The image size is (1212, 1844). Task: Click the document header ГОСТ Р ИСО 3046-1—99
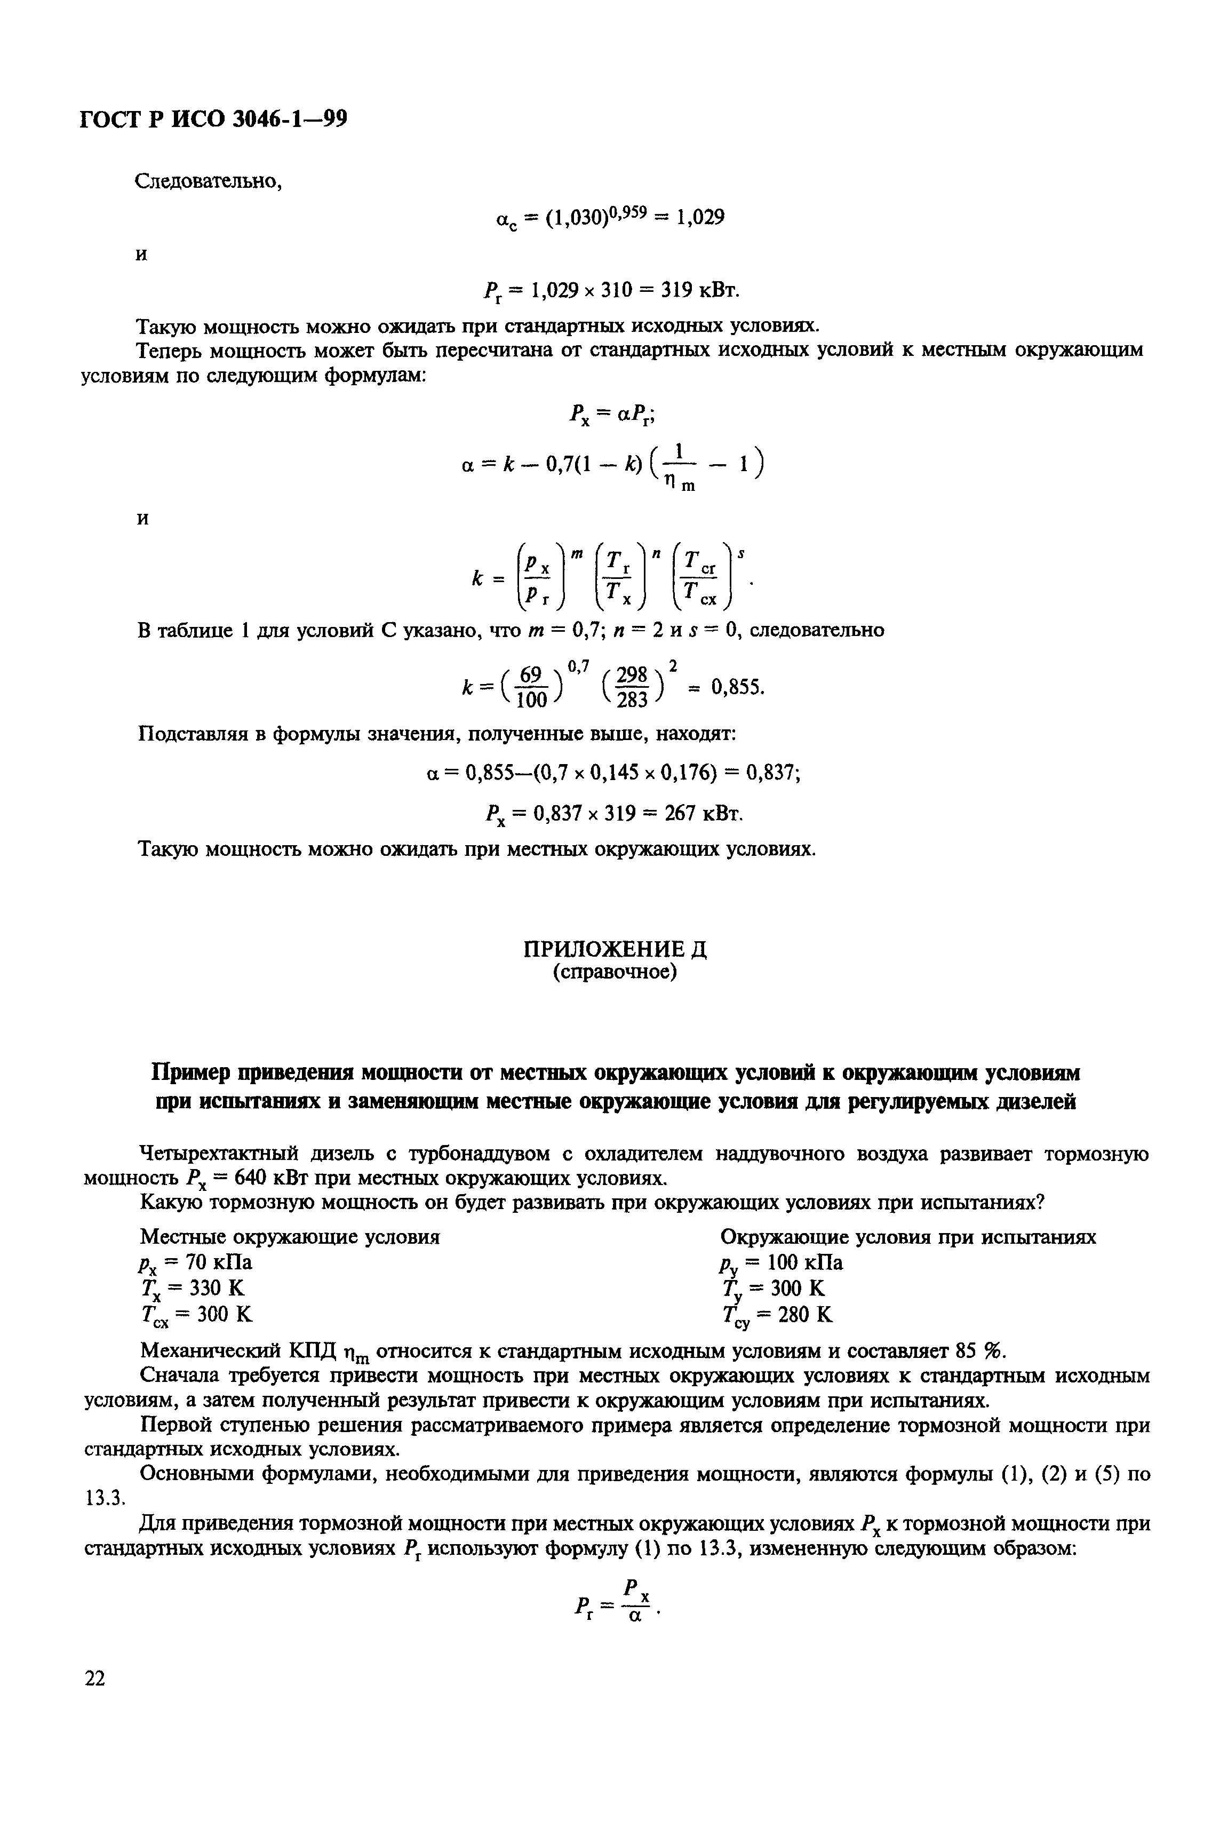click(214, 120)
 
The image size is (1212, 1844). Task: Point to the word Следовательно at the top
click(208, 181)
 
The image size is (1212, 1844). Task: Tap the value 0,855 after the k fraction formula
click(737, 687)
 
